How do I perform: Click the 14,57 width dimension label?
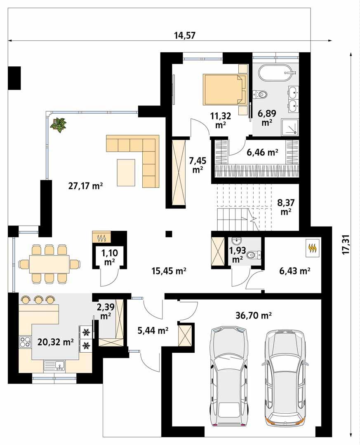(x=185, y=35)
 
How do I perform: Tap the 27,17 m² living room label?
(x=85, y=186)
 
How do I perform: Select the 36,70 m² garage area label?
(x=254, y=315)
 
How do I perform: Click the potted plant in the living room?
(x=59, y=125)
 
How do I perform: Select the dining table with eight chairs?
(x=49, y=264)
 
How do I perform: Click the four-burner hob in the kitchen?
(x=25, y=342)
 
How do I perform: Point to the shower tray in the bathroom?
(x=290, y=126)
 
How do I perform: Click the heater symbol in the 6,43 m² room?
(x=313, y=248)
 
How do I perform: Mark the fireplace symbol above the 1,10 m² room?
(x=101, y=237)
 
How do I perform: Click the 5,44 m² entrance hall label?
(x=153, y=330)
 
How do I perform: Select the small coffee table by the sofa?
(x=126, y=173)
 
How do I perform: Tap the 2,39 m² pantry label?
(x=106, y=311)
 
